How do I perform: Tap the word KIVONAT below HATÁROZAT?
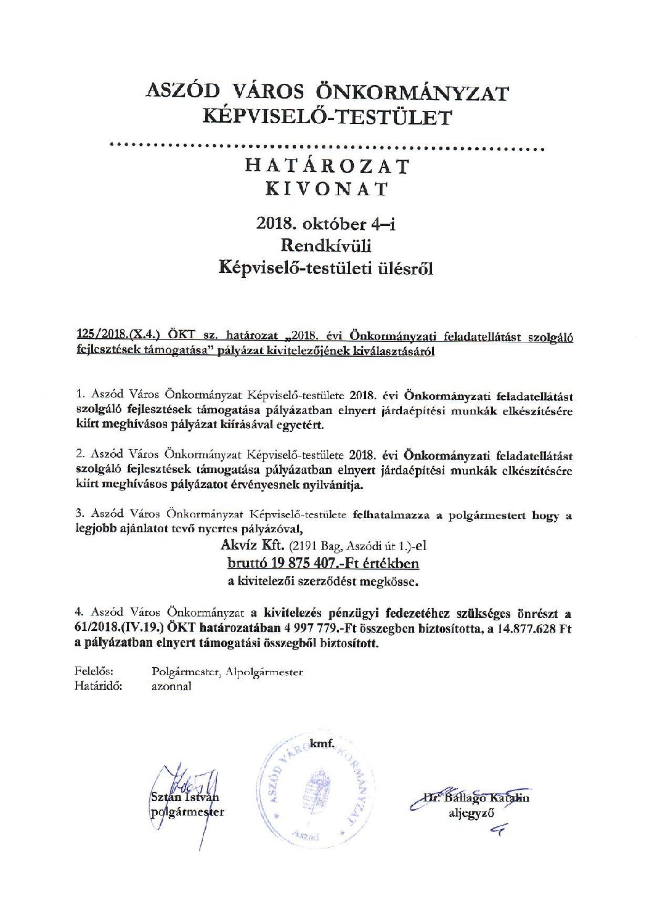(x=327, y=189)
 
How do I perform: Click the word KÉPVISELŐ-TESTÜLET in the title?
(x=327, y=117)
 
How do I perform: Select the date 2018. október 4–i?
(x=326, y=224)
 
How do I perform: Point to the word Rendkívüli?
(x=326, y=246)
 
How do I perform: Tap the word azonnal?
(x=171, y=686)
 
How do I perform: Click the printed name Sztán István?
(x=184, y=798)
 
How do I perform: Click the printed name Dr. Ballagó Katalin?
(x=476, y=798)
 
